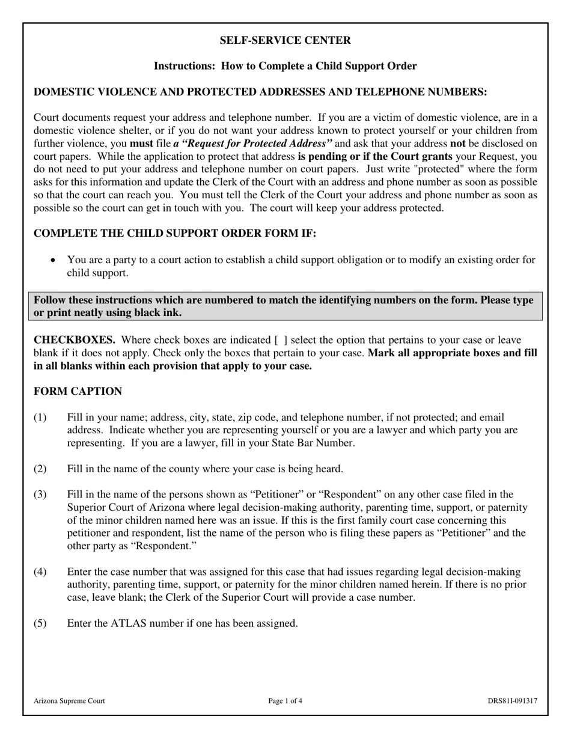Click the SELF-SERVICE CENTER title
coord(285,40)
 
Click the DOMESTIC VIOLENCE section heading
coord(260,92)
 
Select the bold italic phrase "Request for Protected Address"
coord(252,144)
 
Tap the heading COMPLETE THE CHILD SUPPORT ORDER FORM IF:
coord(174,234)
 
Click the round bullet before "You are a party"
coord(54,260)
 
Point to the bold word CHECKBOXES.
coord(74,340)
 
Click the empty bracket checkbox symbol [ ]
coord(281,340)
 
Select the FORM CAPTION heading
coord(78,392)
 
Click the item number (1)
coord(40,418)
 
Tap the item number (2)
coord(40,469)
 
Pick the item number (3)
coord(40,494)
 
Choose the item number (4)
coord(40,572)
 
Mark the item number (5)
coord(40,623)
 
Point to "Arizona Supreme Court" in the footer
coord(69,701)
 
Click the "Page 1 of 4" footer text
coord(285,701)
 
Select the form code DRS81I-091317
coord(512,701)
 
